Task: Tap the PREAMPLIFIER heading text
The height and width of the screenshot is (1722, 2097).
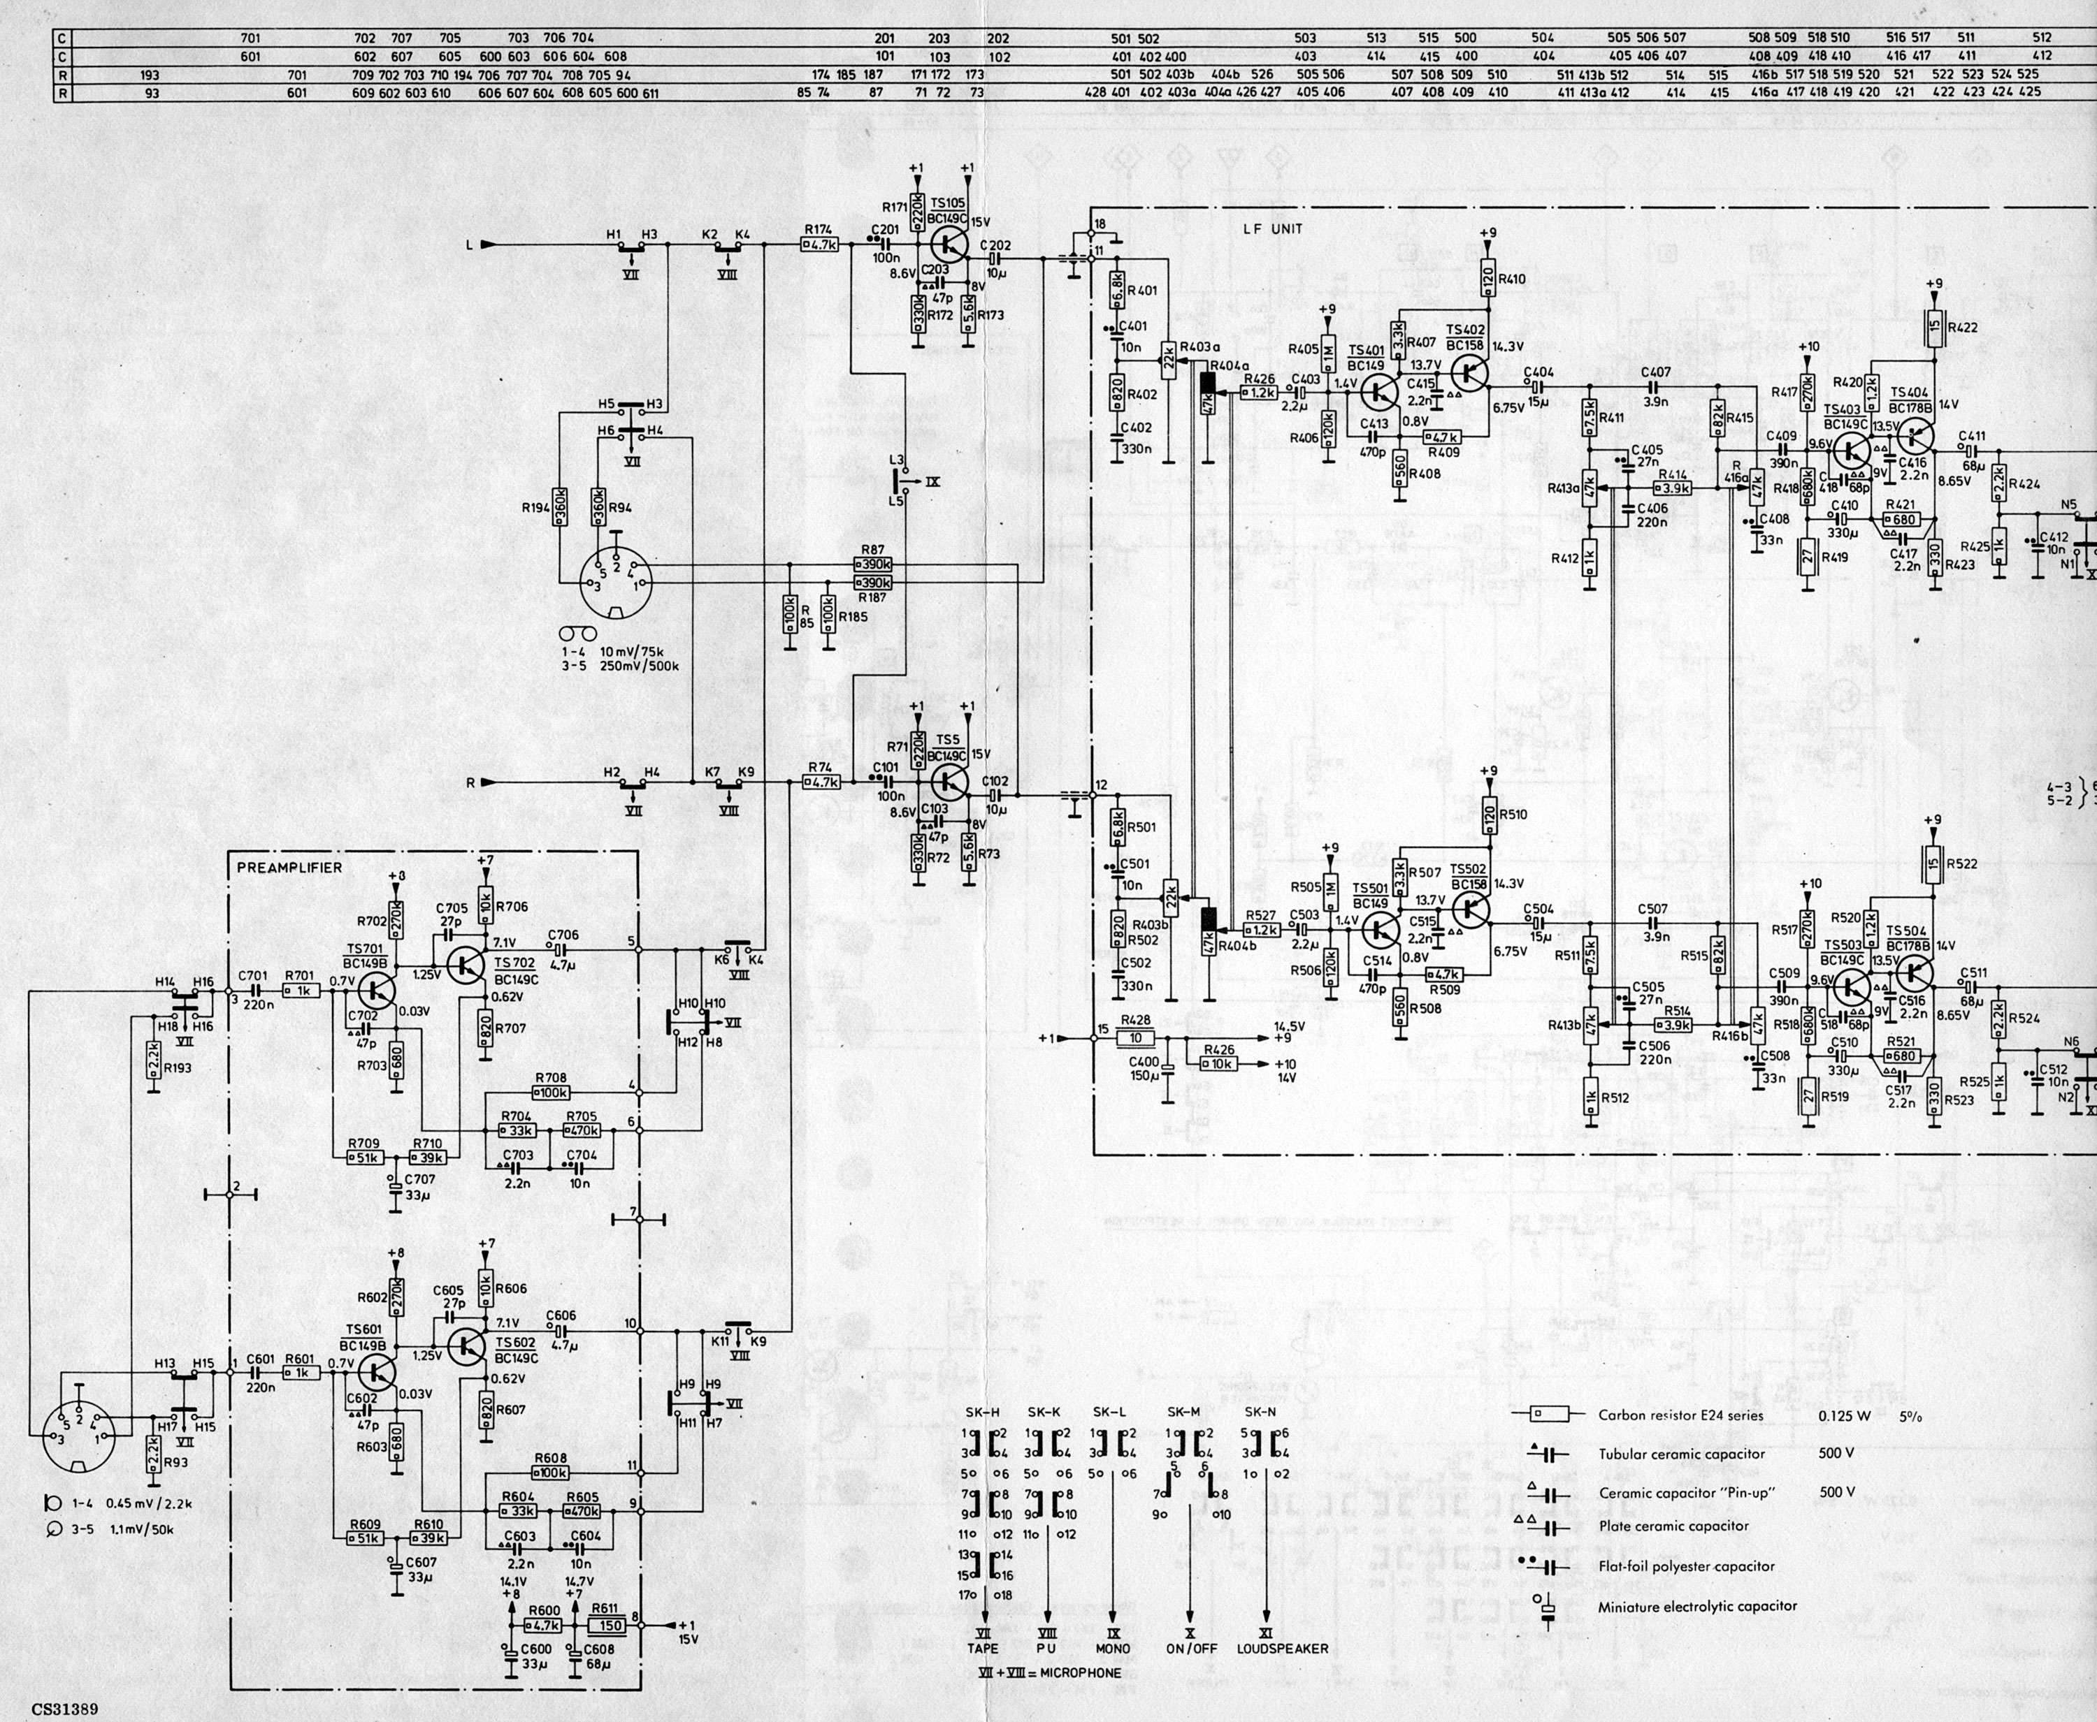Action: [x=289, y=868]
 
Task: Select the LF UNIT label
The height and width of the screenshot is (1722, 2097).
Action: [x=1272, y=229]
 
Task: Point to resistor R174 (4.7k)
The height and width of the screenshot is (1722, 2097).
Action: [x=820, y=244]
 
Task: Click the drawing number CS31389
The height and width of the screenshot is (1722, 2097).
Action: [x=64, y=1709]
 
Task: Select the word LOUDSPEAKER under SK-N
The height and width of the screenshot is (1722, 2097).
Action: [x=1282, y=1649]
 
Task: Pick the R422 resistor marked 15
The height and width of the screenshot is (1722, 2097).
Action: [x=1933, y=328]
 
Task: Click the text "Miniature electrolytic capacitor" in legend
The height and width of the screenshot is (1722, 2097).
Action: [x=1697, y=1606]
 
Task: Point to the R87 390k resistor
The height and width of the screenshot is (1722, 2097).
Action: [x=873, y=564]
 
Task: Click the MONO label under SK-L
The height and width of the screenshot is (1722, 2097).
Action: [x=1113, y=1649]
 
